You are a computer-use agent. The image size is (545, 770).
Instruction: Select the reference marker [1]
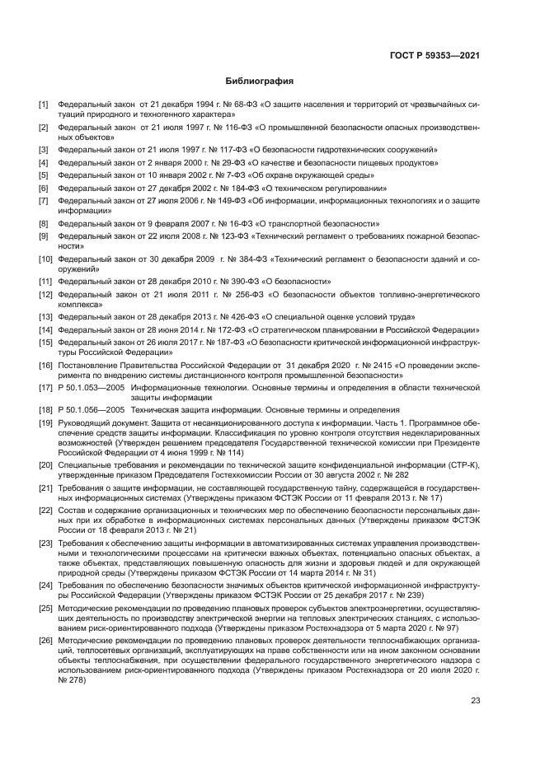coord(44,105)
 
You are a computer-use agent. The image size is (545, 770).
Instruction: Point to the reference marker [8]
coord(44,223)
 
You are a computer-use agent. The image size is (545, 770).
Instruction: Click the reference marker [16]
coord(45,364)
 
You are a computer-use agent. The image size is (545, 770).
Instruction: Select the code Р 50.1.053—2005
coord(92,387)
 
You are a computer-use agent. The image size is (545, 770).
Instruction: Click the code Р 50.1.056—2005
coord(92,410)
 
